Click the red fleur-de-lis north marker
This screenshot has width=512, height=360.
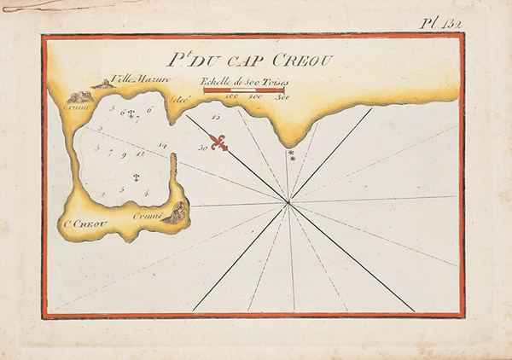[x=220, y=142]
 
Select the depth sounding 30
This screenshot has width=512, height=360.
[x=202, y=147]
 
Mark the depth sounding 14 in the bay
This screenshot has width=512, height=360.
[x=162, y=144]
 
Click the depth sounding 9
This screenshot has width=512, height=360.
[x=124, y=155]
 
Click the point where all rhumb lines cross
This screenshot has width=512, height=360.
[x=288, y=203]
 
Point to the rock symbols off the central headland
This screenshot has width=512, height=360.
[x=292, y=155]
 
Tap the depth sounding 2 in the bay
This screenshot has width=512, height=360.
[x=102, y=195]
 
